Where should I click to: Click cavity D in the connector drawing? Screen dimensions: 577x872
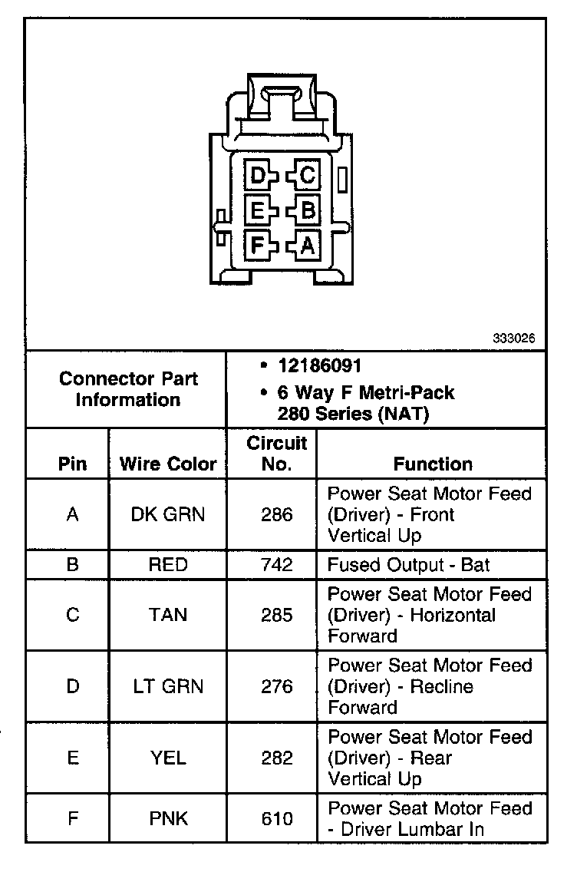coord(258,176)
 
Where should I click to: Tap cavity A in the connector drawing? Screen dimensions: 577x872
coord(307,245)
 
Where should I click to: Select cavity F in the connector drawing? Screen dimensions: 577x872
coord(258,245)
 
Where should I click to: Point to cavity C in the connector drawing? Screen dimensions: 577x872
coord(307,176)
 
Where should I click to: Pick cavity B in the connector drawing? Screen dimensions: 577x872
coord(307,210)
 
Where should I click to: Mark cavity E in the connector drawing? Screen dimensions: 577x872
coord(258,210)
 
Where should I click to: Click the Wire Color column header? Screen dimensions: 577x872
coord(168,464)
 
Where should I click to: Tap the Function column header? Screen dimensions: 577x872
coord(433,464)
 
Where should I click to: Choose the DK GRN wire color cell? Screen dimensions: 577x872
coord(168,514)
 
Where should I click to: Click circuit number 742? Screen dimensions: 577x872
coord(276,565)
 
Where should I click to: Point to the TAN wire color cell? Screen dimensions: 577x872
coord(168,615)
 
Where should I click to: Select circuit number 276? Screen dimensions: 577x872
coord(276,686)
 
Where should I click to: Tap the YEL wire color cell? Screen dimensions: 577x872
coord(168,758)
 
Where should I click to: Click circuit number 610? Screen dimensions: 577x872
coord(276,818)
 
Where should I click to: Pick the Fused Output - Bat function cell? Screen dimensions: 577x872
coord(408,565)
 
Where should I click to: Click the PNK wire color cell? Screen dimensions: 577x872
coord(168,818)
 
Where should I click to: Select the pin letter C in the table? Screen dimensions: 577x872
coord(73,615)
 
